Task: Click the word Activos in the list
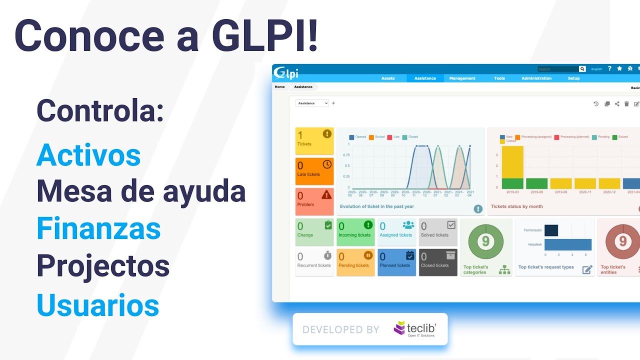(x=88, y=155)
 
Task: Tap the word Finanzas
(x=98, y=229)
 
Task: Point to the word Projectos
(x=103, y=266)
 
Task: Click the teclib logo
(x=414, y=328)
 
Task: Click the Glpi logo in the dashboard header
(x=286, y=73)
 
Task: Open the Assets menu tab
(x=388, y=78)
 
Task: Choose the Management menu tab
(x=462, y=78)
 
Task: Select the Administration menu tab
(x=536, y=78)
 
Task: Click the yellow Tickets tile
(x=314, y=140)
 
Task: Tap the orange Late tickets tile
(x=314, y=171)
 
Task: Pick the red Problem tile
(x=314, y=201)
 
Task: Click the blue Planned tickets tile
(x=396, y=262)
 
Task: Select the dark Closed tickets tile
(x=438, y=262)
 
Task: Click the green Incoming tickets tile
(x=355, y=232)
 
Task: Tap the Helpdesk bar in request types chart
(x=567, y=244)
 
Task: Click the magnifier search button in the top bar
(x=582, y=69)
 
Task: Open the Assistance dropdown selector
(x=312, y=103)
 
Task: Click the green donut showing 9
(x=485, y=242)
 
